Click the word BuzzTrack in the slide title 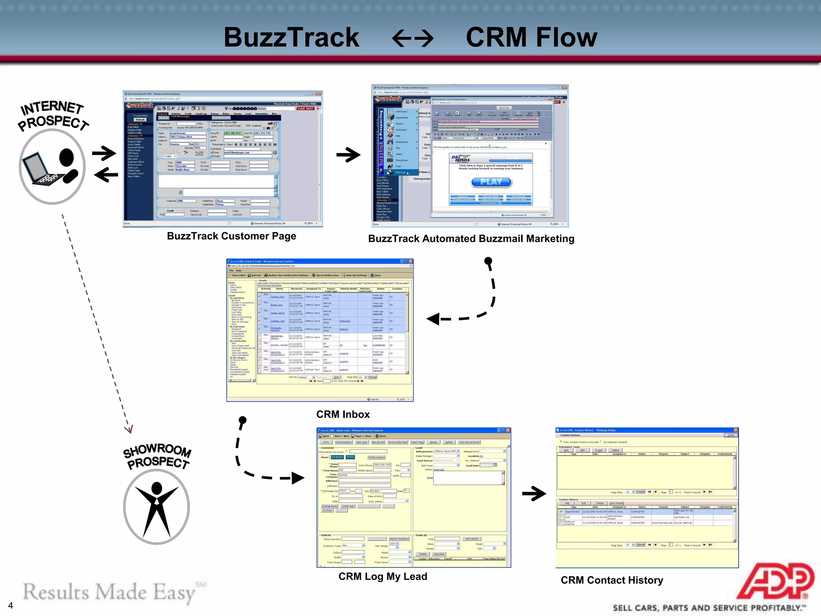pyautogui.click(x=291, y=37)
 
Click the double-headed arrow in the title pyautogui.click(x=413, y=39)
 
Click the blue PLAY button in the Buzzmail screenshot pyautogui.click(x=491, y=182)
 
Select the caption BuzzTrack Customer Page pyautogui.click(x=231, y=236)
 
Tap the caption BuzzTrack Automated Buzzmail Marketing pyautogui.click(x=471, y=239)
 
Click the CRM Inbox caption pyautogui.click(x=343, y=414)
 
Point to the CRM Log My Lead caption pyautogui.click(x=382, y=576)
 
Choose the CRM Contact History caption pyautogui.click(x=611, y=580)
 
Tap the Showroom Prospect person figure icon pyautogui.click(x=156, y=507)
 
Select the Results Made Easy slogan pyautogui.click(x=108, y=593)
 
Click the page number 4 pyautogui.click(x=10, y=606)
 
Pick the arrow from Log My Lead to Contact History pyautogui.click(x=534, y=494)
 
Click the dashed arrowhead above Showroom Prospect pyautogui.click(x=128, y=429)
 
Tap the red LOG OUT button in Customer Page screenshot pyautogui.click(x=305, y=109)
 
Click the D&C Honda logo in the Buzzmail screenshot pyautogui.click(x=461, y=158)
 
